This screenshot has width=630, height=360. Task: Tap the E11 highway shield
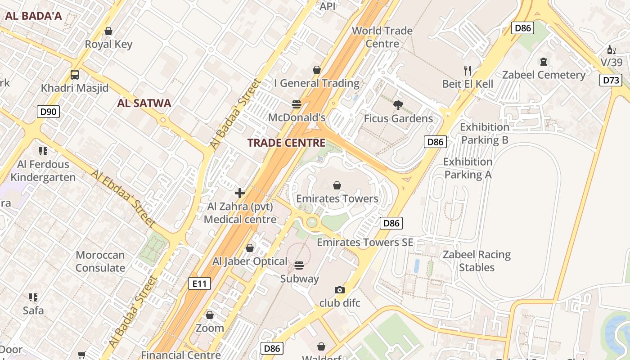(199, 283)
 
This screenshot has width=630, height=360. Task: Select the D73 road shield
(611, 81)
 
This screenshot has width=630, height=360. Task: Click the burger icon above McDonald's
(296, 104)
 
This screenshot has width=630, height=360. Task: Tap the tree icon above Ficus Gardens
(398, 105)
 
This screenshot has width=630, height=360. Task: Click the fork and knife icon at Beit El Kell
(468, 70)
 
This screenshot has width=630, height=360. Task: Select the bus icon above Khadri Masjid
(75, 75)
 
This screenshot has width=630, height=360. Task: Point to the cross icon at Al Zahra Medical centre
(240, 193)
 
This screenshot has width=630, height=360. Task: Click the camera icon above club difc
(340, 290)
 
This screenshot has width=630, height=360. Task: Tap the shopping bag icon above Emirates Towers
(337, 185)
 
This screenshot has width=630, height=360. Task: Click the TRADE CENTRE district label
(286, 143)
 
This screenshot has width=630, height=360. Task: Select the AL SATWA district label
(144, 103)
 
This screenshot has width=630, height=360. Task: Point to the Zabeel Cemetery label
(544, 75)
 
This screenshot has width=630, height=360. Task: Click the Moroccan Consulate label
(100, 261)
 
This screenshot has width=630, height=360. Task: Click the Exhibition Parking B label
(484, 134)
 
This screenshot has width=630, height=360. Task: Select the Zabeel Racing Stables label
(477, 261)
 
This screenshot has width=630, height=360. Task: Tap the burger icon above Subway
(299, 265)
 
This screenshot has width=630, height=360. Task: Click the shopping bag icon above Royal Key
(108, 31)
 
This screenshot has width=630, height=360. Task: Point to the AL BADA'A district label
(33, 16)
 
